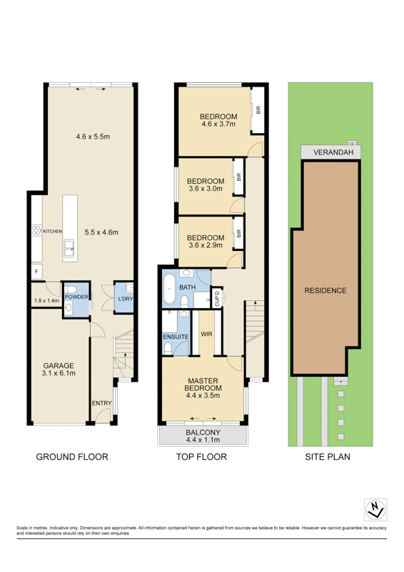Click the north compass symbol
375,509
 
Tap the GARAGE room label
59,365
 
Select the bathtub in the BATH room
169,289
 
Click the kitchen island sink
69,248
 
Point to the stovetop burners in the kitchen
36,230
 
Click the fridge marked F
36,272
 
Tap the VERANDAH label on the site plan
333,152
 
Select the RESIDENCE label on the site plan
325,290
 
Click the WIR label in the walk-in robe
206,334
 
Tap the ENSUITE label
176,337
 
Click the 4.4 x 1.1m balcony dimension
203,440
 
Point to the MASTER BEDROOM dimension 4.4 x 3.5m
203,395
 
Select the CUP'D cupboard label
217,298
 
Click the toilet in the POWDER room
71,290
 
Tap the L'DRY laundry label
126,299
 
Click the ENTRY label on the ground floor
101,403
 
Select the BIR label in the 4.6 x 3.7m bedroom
258,110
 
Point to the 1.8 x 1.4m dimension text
46,301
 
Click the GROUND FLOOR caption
72,457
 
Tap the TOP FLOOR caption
201,457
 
